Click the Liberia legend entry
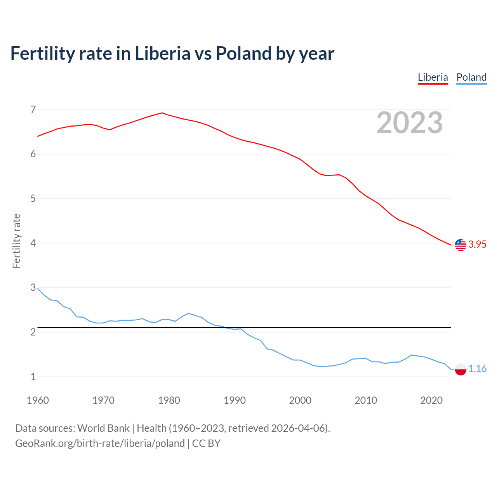[433, 77]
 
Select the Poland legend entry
[471, 77]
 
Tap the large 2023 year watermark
[410, 123]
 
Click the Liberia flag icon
[461, 245]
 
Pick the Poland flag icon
[461, 369]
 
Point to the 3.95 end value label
[477, 244]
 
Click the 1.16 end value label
[477, 368]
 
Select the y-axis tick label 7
[33, 109]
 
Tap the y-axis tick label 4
[33, 243]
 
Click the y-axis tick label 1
[33, 377]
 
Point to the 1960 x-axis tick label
[38, 400]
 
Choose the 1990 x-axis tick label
[235, 400]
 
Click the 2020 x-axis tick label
[431, 400]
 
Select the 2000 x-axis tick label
[300, 400]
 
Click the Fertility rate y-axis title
[16, 241]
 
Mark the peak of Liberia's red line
[162, 113]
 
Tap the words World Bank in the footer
[103, 428]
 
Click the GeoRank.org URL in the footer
[100, 443]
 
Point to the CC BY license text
[206, 443]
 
